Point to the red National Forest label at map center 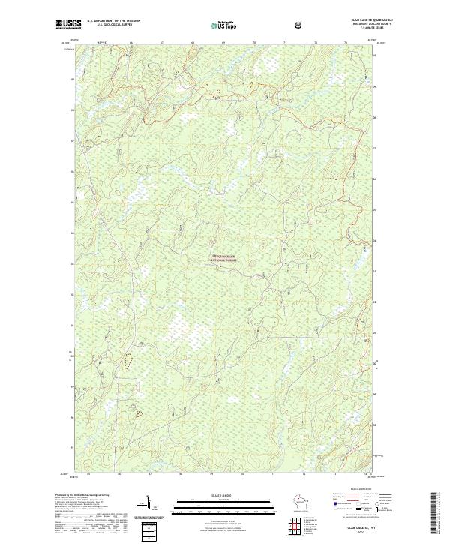223,257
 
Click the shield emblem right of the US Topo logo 299,23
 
